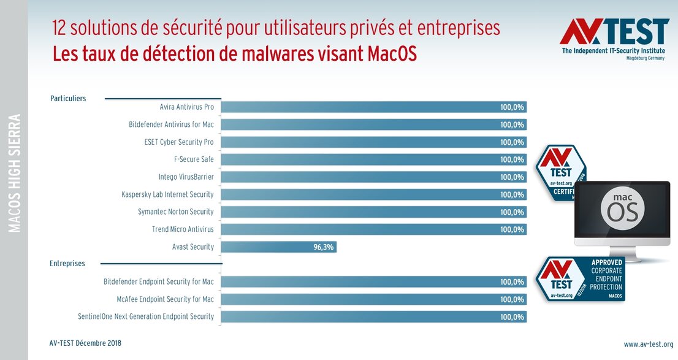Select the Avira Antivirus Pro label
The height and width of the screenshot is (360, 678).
point(186,107)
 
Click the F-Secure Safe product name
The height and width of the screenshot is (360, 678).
point(194,159)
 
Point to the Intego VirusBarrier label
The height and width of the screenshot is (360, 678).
point(186,177)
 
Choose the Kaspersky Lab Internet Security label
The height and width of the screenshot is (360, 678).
point(167,194)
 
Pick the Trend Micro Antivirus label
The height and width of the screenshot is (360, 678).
point(183,229)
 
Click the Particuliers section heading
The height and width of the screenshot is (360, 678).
point(67,98)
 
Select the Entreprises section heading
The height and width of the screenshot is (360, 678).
point(67,264)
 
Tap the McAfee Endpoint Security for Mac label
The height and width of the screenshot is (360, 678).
point(165,299)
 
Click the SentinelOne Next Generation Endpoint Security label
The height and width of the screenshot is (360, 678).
point(146,316)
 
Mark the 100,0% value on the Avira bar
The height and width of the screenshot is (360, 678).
point(512,107)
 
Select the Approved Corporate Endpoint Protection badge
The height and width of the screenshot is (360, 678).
point(580,280)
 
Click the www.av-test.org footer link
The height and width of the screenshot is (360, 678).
point(649,344)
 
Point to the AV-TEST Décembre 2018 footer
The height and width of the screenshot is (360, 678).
point(85,343)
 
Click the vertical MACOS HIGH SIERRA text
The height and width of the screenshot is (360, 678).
point(13,172)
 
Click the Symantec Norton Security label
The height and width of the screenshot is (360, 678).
point(176,212)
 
